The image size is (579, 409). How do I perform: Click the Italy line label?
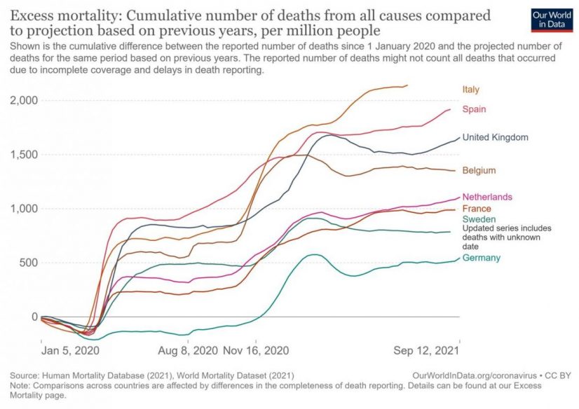tap(470, 89)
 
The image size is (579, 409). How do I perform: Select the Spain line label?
tap(473, 109)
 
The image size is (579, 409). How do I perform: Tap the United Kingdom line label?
tap(495, 137)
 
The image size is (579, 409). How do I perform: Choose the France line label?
tap(477, 209)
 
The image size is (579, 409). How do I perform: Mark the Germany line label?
tap(482, 258)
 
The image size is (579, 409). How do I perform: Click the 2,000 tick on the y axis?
tap(24, 100)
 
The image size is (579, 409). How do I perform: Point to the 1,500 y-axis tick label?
tap(24, 154)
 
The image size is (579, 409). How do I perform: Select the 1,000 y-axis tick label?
tap(24, 209)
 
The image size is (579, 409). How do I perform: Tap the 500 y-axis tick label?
tap(28, 263)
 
